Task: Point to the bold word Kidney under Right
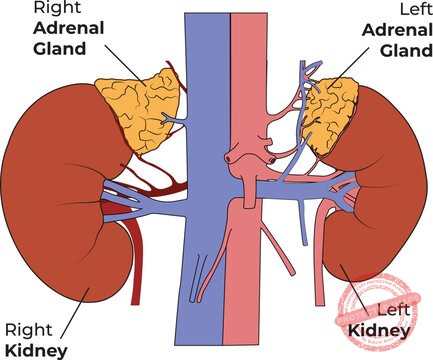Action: [x=35, y=349]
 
